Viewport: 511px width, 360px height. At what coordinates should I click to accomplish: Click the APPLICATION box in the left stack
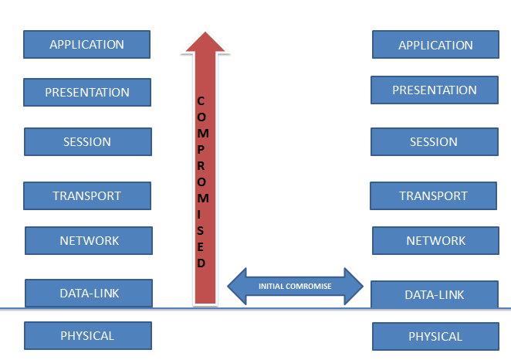point(86,44)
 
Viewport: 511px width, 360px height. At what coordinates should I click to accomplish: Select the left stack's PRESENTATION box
point(87,92)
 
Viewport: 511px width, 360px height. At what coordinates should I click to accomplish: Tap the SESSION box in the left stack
point(88,142)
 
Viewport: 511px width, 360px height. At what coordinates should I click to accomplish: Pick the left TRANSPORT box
point(87,195)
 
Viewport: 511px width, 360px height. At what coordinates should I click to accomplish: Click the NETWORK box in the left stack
point(89,241)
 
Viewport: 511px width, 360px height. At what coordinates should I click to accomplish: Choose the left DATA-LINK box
point(89,293)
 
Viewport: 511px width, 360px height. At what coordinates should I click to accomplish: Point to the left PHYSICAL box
point(88,335)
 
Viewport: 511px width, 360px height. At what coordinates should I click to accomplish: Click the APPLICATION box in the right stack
point(435,45)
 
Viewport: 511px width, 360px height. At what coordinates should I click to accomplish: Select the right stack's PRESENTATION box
point(435,90)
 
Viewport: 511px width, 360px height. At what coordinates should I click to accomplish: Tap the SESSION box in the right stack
point(435,142)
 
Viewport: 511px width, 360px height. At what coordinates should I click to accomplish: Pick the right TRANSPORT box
point(434,195)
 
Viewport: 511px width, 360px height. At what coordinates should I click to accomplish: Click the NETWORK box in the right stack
point(435,241)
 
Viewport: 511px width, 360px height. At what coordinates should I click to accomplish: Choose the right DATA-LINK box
point(435,294)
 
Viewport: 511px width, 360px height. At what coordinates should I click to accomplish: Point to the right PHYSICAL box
point(435,337)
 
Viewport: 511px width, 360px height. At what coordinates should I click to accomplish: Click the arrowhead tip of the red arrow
point(205,32)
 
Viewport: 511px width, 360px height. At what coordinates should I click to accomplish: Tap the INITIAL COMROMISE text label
point(295,287)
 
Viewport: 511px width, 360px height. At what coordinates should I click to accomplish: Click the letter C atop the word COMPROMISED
point(201,101)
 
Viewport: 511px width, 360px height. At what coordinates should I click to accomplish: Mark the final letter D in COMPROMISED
point(201,263)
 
